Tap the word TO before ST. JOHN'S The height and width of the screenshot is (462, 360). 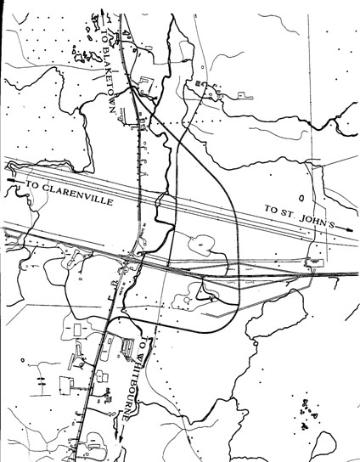[x=271, y=208]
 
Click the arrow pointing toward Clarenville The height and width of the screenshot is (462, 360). [x=10, y=179]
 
